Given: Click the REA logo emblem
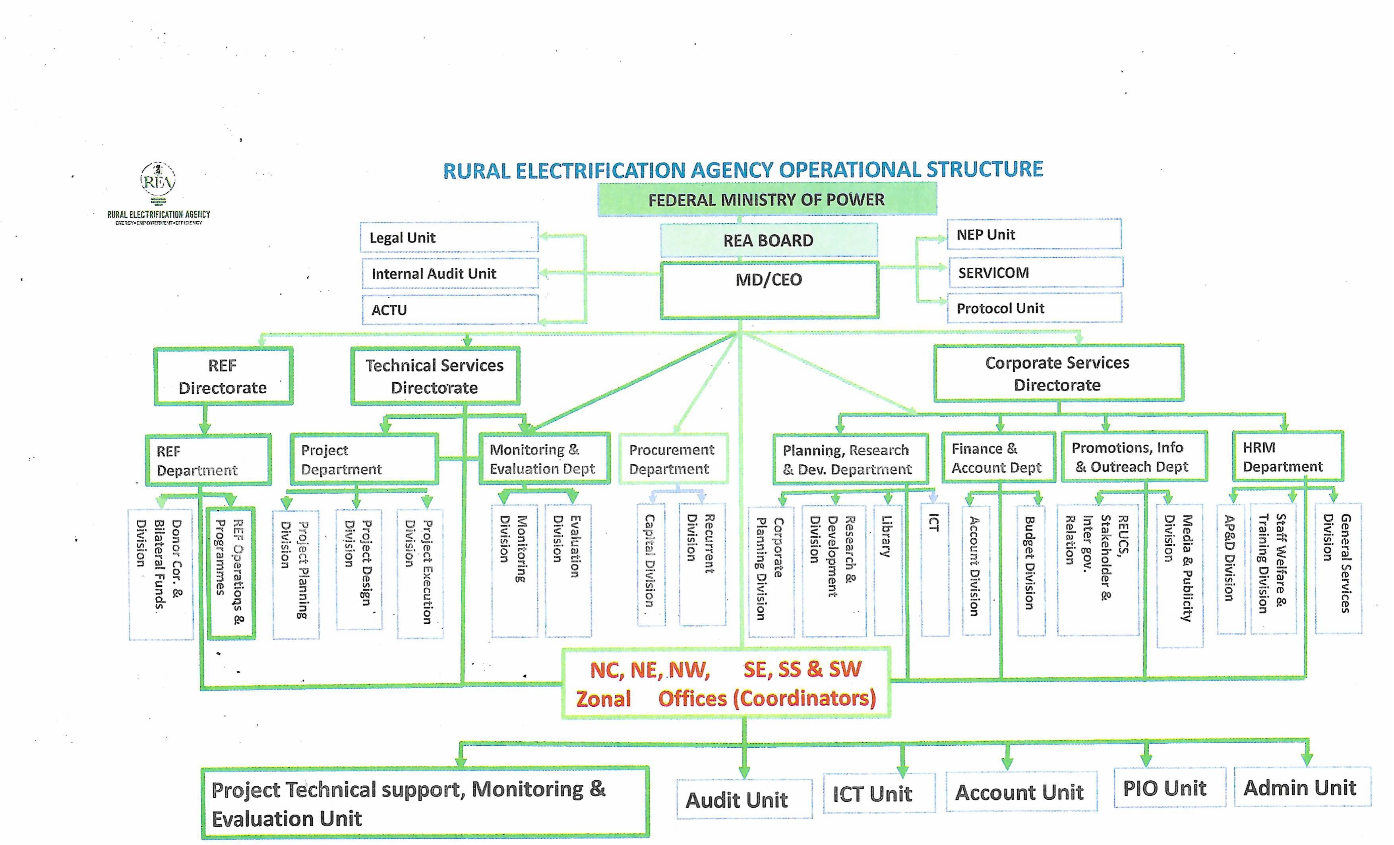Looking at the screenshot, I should (158, 180).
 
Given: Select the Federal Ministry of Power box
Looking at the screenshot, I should (767, 200).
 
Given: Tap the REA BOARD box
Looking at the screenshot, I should (768, 240).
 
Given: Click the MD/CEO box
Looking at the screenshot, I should (769, 290).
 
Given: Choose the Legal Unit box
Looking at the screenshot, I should (449, 238).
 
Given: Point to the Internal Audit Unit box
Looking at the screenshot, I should (450, 274).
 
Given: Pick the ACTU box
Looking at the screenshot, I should (450, 310).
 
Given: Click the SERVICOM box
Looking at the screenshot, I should (1035, 273).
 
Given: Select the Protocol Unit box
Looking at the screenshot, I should (1034, 308).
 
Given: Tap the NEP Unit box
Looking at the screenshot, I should (1034, 234).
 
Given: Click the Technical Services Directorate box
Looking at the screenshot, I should (434, 376).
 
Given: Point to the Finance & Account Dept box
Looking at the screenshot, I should (998, 458).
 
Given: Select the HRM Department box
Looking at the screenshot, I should (1287, 456).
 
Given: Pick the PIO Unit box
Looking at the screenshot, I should (1169, 787).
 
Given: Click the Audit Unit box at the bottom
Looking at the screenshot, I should (743, 799).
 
